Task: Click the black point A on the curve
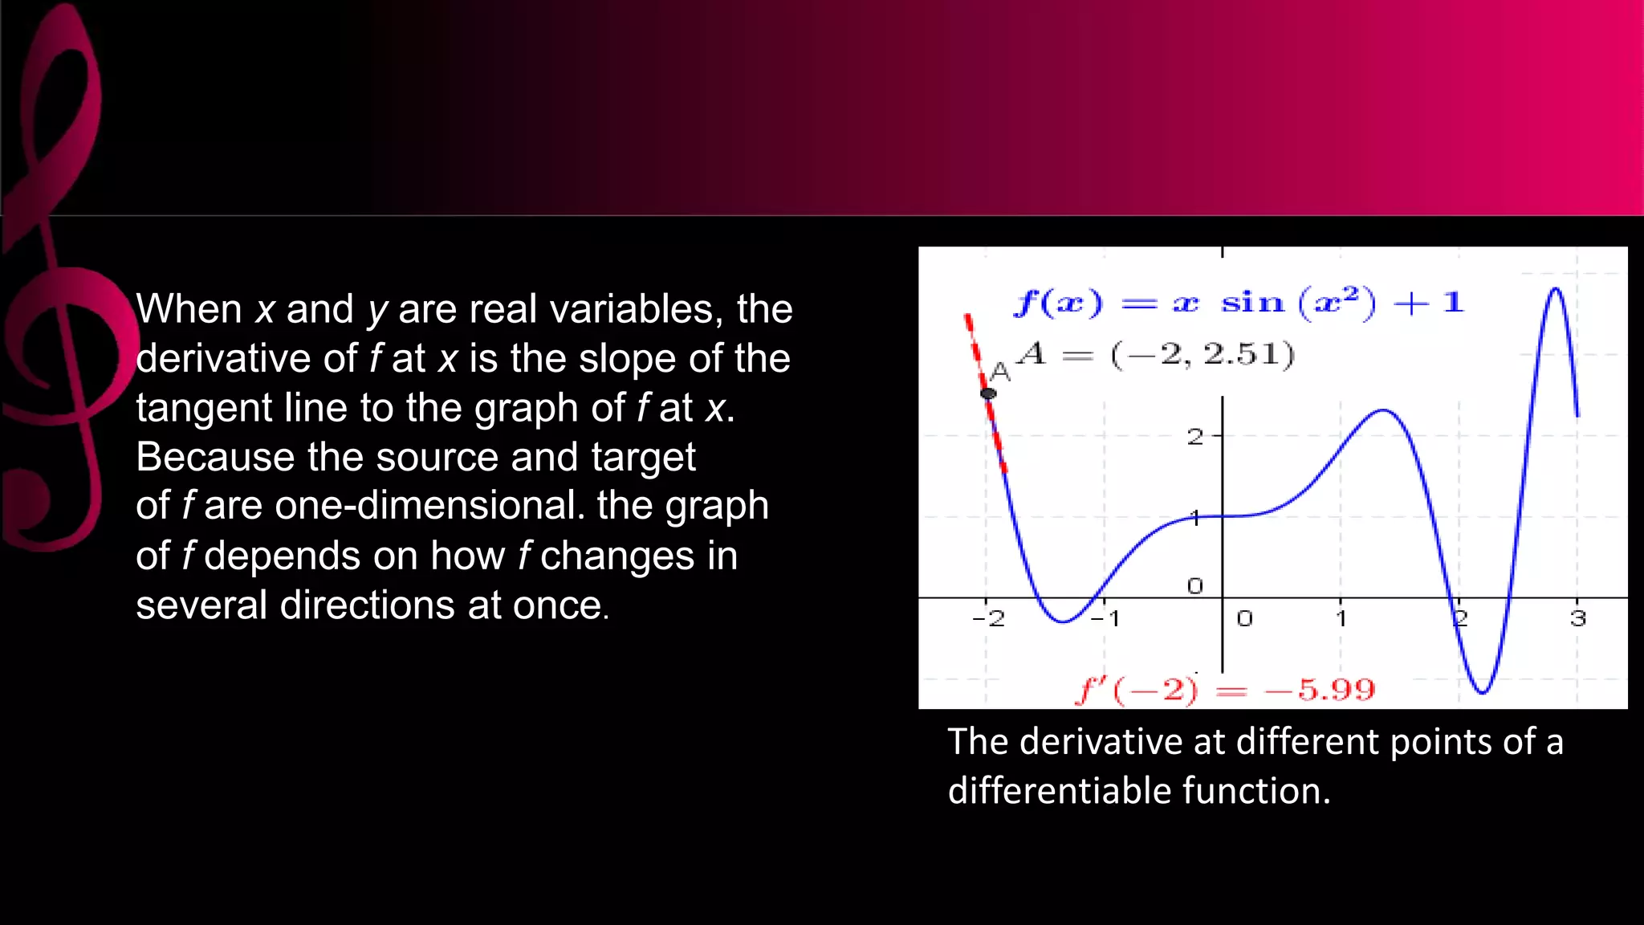(x=988, y=393)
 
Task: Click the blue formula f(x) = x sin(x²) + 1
(x=1238, y=303)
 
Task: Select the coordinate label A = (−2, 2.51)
(x=1156, y=354)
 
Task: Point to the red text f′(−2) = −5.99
(x=1225, y=690)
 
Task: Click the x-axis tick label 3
(x=1578, y=618)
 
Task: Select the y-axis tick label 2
(x=1195, y=437)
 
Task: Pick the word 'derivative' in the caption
(x=1101, y=741)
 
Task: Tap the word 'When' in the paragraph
(x=189, y=309)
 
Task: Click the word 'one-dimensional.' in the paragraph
(x=430, y=506)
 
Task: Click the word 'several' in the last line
(x=201, y=605)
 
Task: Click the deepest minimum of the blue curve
(x=1483, y=692)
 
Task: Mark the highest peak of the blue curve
(x=1556, y=289)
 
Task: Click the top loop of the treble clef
(x=68, y=88)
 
